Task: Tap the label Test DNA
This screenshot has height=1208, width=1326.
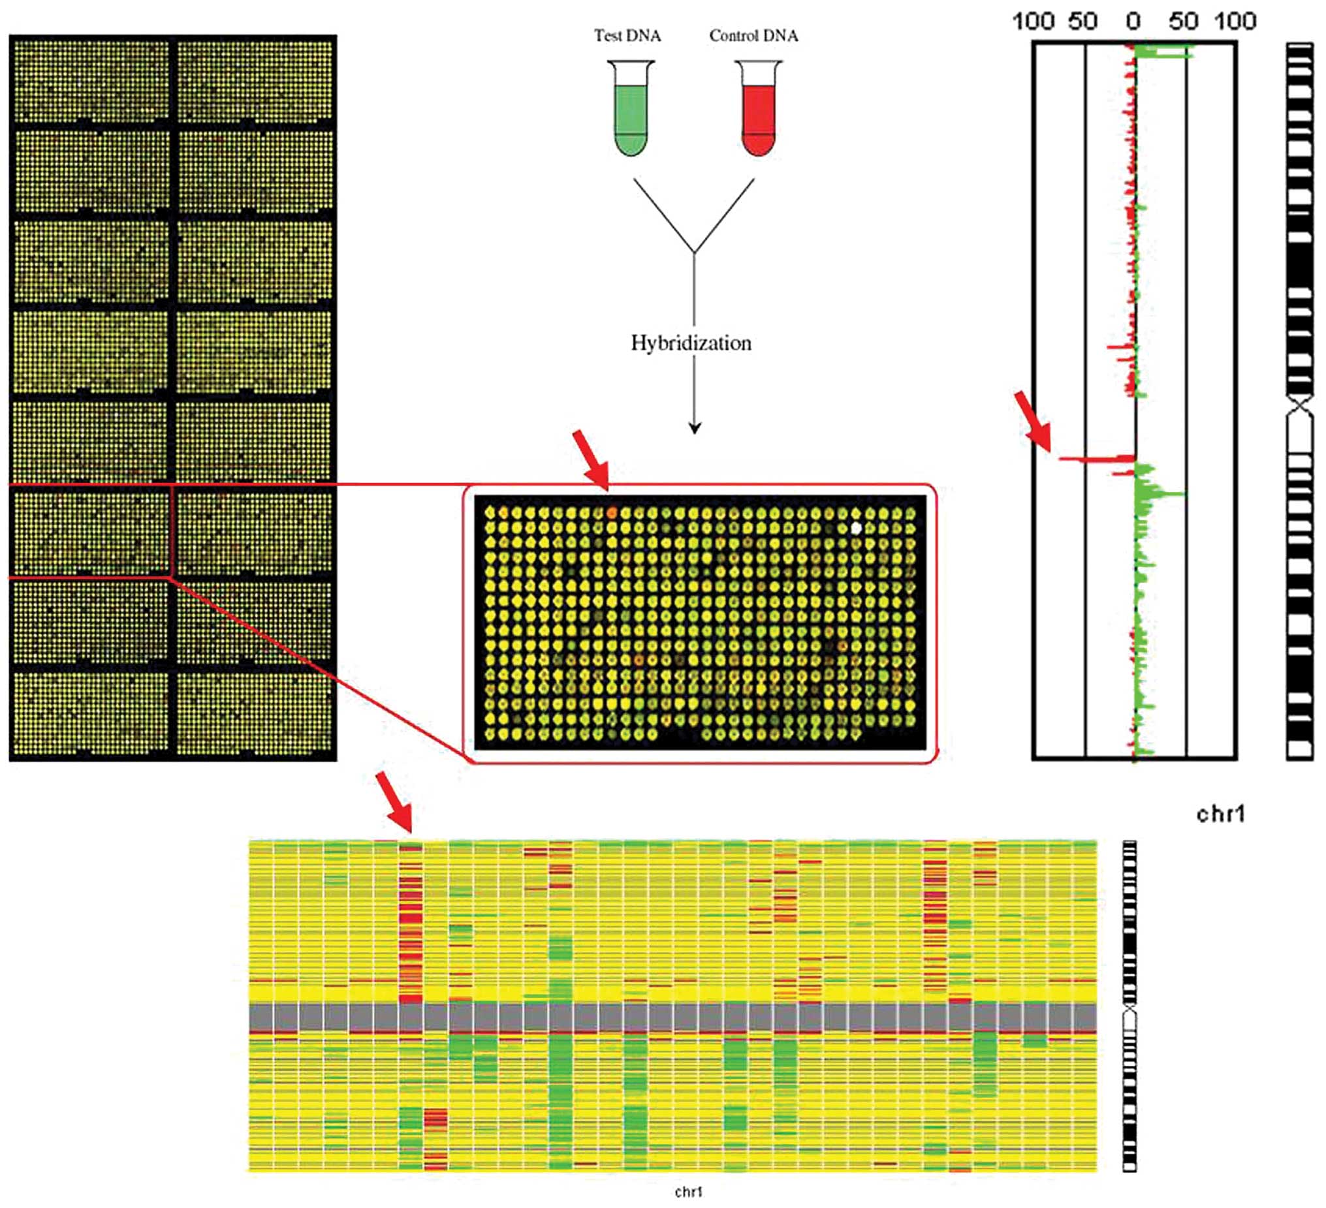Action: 627,35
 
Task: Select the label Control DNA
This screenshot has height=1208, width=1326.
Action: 753,35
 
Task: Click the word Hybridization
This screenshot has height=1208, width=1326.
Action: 691,343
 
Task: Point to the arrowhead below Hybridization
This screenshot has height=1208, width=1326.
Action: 695,428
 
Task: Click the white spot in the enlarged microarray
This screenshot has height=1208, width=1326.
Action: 857,527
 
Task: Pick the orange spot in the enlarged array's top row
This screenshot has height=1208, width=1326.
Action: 612,512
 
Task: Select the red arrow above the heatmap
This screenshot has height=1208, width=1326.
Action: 394,801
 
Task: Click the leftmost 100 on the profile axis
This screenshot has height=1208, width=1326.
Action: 1034,22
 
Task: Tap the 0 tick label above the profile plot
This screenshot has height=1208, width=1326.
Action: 1133,22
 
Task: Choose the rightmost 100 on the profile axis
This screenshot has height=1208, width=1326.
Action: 1235,22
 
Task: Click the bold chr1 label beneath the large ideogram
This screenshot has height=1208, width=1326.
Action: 1220,814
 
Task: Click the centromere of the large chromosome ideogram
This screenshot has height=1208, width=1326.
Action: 1300,407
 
